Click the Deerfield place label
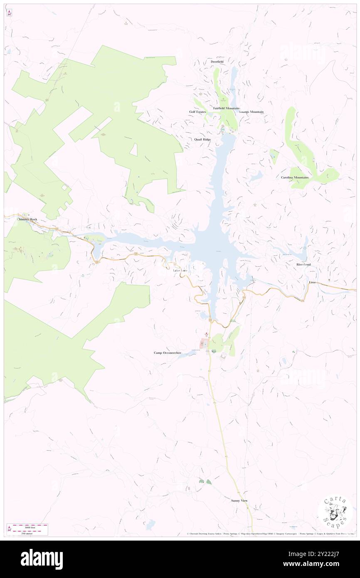[217, 62]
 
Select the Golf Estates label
[197, 112]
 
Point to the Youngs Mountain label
[252, 112]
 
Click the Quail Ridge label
[202, 139]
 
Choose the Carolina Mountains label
[295, 178]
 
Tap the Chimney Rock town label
[27, 219]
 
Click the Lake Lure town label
[180, 271]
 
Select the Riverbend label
[303, 264]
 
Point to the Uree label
[312, 282]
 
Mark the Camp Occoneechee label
[168, 353]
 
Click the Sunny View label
[239, 501]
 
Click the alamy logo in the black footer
[42, 559]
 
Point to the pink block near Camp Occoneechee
[204, 343]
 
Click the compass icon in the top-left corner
[9, 13]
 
